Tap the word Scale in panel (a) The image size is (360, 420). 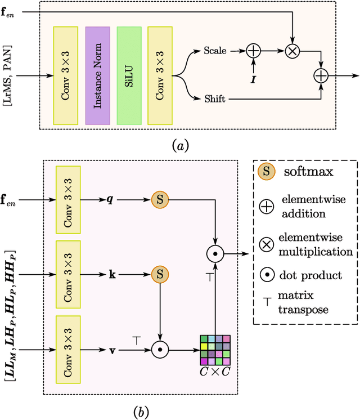[214, 51]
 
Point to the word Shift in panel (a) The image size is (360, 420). [215, 99]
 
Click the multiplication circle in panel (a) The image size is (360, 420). [292, 51]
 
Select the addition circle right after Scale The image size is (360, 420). [254, 51]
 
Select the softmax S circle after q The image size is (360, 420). [160, 199]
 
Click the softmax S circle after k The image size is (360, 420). [160, 274]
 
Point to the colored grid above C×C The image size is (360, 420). [215, 350]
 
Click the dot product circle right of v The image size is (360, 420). [160, 349]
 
